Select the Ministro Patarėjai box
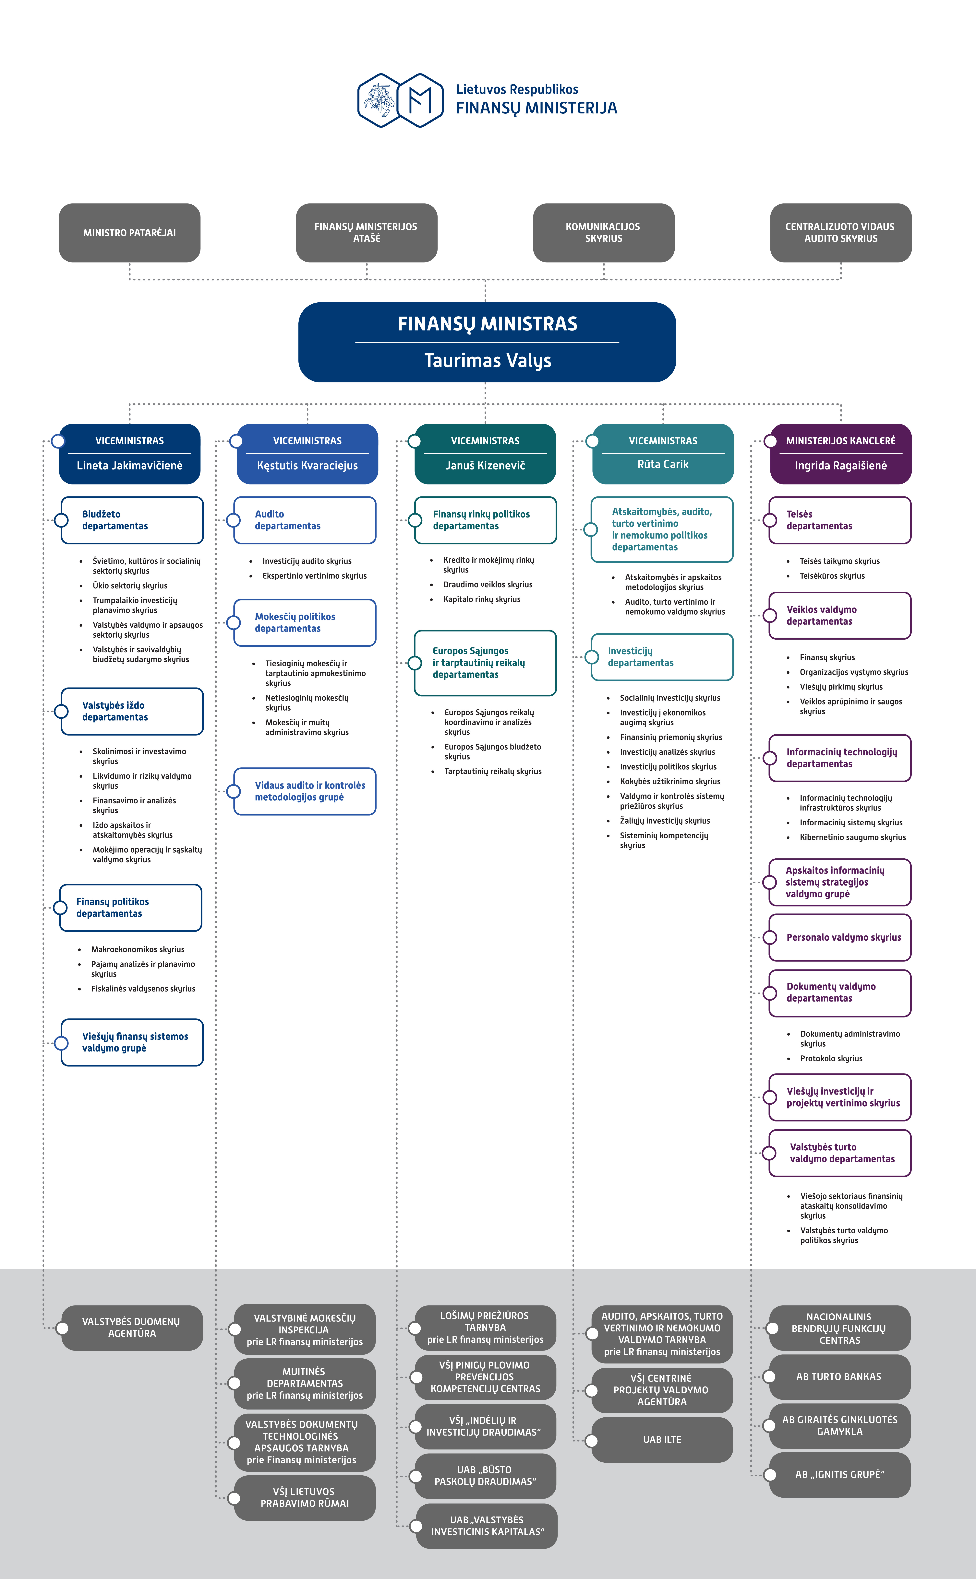130,233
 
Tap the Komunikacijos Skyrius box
604,233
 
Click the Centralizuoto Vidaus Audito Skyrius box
840,233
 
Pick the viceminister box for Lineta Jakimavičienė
130,454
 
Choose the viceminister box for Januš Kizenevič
485,454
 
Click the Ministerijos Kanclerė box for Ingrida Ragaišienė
840,454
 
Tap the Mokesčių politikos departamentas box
305,622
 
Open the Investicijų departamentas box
662,657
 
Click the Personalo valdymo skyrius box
840,937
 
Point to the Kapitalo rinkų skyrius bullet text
482,599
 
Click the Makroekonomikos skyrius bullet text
138,949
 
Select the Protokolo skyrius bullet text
831,1059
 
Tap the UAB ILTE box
662,1440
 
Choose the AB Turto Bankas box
840,1376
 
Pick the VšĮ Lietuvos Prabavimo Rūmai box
305,1498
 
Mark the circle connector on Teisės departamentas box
770,520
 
